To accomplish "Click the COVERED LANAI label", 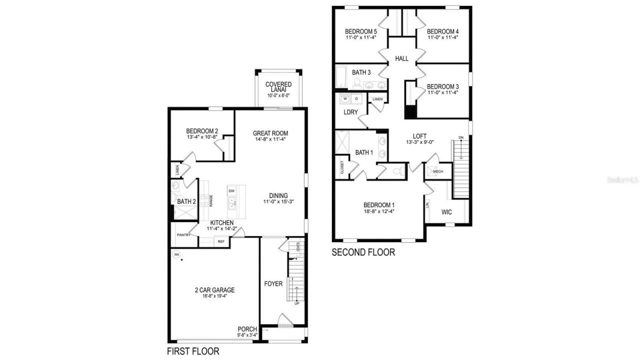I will click(x=278, y=87).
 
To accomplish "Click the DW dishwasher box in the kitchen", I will click(x=231, y=191).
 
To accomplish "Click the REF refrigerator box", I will click(x=220, y=241).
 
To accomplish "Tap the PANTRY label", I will click(x=183, y=234).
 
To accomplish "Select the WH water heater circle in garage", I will click(x=176, y=254).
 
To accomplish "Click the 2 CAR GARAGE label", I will click(x=214, y=290).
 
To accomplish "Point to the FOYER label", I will click(x=273, y=284).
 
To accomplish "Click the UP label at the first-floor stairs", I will click(x=297, y=303).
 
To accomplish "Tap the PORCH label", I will click(x=247, y=329).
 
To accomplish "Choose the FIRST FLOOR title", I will click(x=193, y=351).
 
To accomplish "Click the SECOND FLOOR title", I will click(x=363, y=252).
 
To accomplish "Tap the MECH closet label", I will click(x=438, y=171).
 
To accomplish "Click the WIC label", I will click(x=446, y=212).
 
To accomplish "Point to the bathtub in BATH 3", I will click(x=341, y=77).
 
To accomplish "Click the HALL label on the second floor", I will click(x=401, y=58).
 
